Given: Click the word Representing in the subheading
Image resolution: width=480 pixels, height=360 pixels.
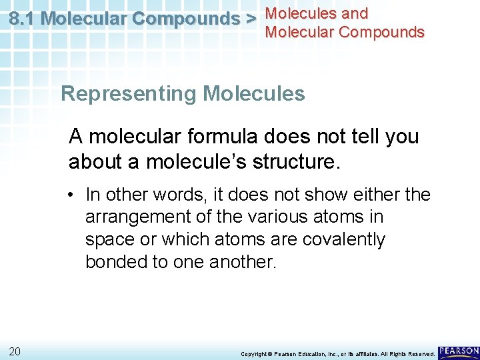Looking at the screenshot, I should point(129,93).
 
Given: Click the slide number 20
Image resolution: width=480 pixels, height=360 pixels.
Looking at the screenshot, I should point(15,351).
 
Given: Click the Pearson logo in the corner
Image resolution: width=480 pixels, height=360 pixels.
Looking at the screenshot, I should point(459,351).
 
